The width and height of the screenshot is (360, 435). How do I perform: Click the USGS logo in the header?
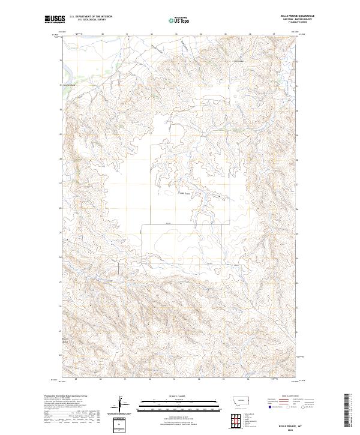(x=55, y=19)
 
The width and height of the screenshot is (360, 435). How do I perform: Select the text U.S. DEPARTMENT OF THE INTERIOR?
(x=91, y=17)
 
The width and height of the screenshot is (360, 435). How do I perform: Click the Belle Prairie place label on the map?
(x=184, y=193)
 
